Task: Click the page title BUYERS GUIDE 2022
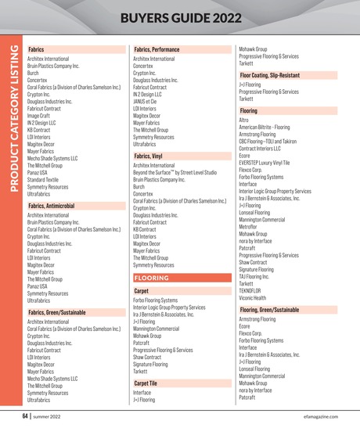pos(179,18)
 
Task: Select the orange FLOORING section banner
pos(152,278)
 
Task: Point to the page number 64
pos(26,415)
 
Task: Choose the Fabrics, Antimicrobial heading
pos(51,205)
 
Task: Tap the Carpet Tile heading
pos(146,383)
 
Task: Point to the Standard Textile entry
pos(42,180)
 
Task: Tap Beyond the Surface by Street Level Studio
pos(175,173)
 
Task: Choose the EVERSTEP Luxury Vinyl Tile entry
pos(264,163)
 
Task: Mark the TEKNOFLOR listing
pos(251,290)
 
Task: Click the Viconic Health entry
pos(253,297)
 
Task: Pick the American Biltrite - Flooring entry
pos(264,128)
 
